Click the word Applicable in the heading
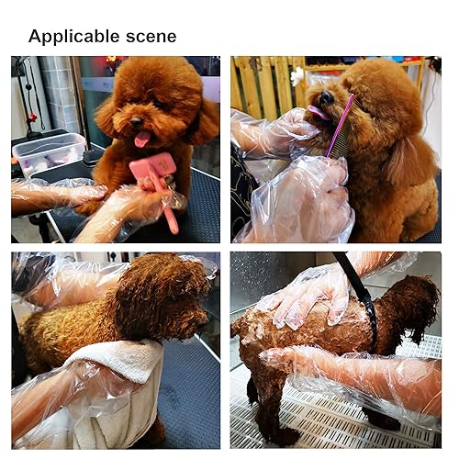coord(73,37)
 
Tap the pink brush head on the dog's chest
coord(153,168)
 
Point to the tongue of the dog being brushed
coord(142,140)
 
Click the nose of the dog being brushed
coord(136,122)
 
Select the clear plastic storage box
coord(49,154)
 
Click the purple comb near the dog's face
coord(340,126)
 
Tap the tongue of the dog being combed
coord(319,113)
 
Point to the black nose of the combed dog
coord(327,97)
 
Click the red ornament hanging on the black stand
coord(33,117)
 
